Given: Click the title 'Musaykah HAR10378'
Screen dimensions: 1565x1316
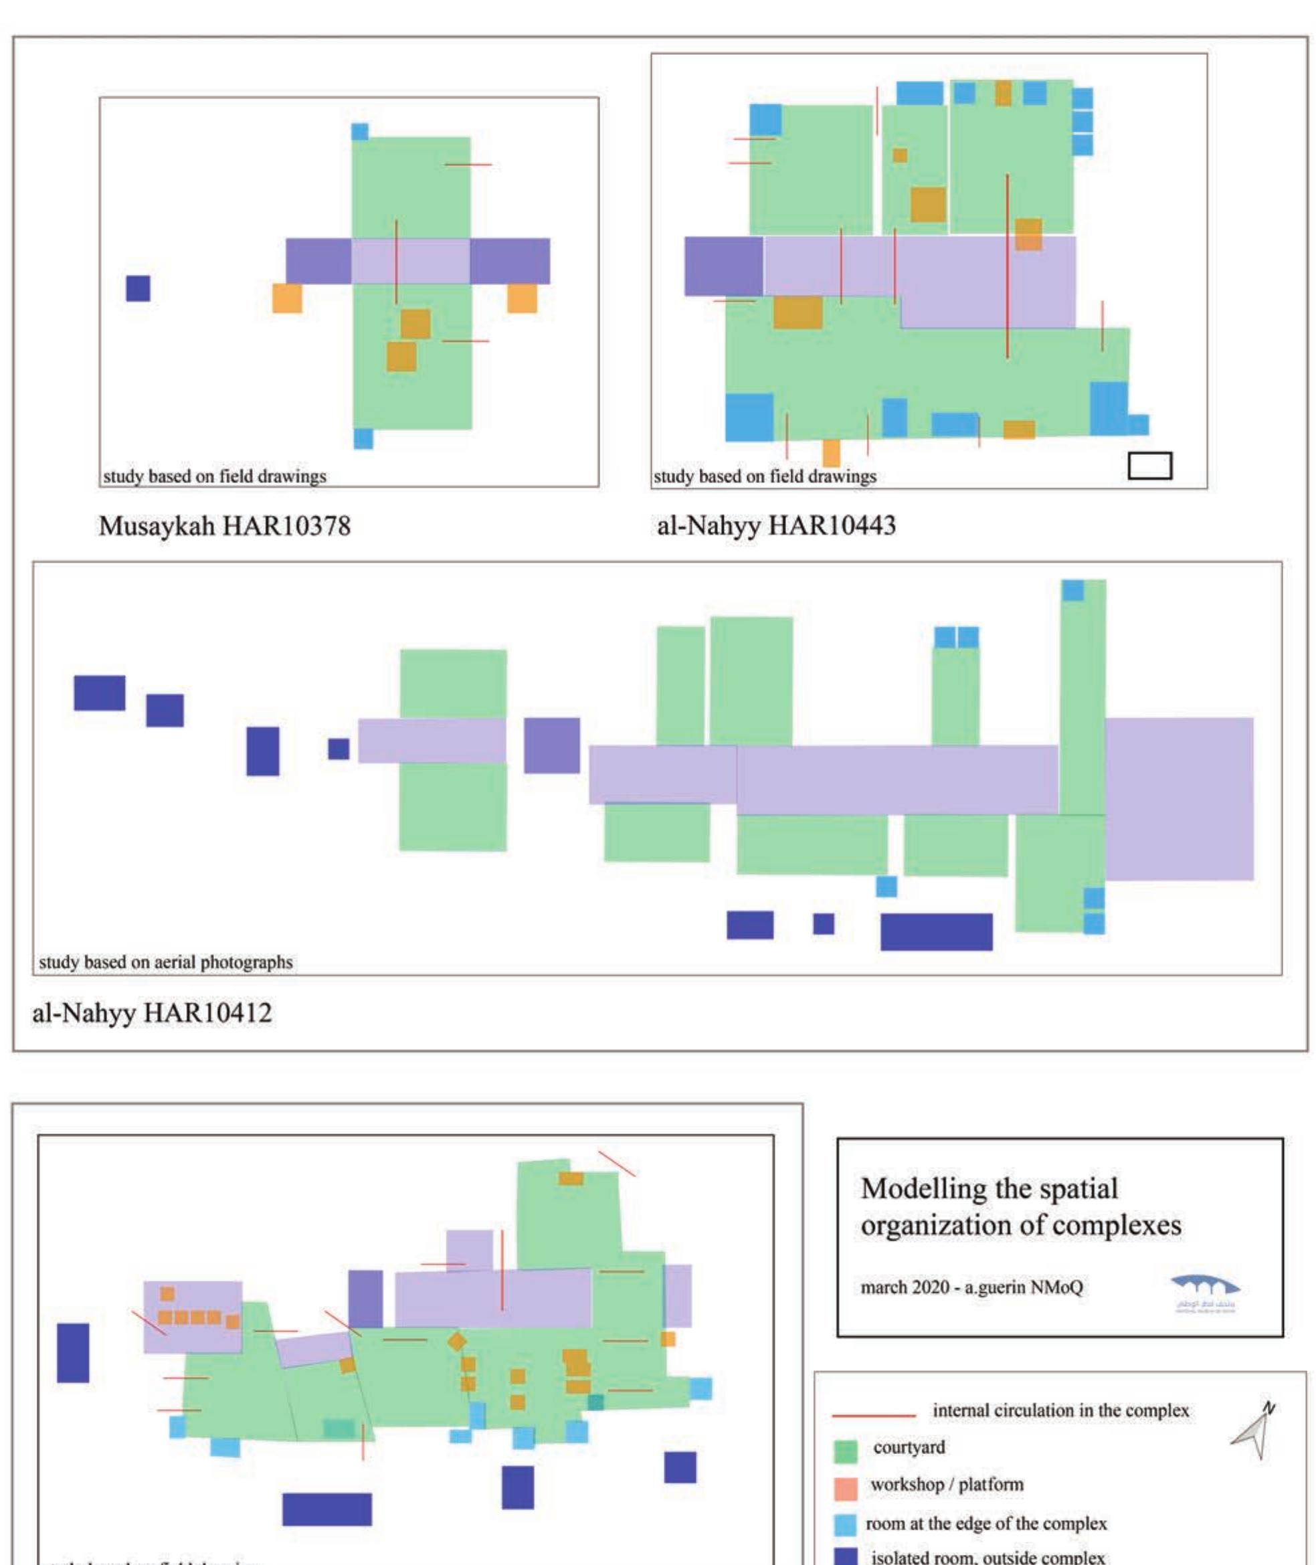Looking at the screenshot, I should click(x=224, y=527).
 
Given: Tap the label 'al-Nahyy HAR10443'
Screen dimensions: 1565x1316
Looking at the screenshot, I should click(x=776, y=527).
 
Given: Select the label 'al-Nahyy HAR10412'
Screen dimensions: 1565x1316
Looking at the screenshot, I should click(x=151, y=1013).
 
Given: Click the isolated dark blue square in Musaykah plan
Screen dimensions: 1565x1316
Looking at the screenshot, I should click(x=138, y=288).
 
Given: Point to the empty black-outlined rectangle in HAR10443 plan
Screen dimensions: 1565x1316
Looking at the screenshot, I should click(x=1149, y=466).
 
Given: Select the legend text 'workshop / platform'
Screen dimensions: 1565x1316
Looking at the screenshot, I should click(x=947, y=1485).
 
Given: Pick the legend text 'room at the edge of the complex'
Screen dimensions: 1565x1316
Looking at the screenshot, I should click(x=985, y=1524).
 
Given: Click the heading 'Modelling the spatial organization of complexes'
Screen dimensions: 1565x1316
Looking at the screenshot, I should click(x=1020, y=1207).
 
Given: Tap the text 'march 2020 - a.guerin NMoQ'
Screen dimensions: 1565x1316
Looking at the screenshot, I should click(x=971, y=1287).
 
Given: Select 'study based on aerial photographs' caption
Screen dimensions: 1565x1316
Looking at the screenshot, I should click(x=166, y=962).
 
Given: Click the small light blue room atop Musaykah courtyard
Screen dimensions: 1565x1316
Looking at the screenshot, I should click(x=359, y=132).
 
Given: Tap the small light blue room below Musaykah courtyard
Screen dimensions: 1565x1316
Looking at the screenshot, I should click(x=363, y=439).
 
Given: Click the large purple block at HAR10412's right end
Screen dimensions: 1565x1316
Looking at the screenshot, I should click(x=1179, y=798).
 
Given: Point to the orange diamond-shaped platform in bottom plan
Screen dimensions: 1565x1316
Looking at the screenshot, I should click(x=456, y=1342).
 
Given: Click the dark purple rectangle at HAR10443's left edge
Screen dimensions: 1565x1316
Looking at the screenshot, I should click(x=724, y=266).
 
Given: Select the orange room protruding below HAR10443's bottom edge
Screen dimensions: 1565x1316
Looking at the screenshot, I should click(x=830, y=453).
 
